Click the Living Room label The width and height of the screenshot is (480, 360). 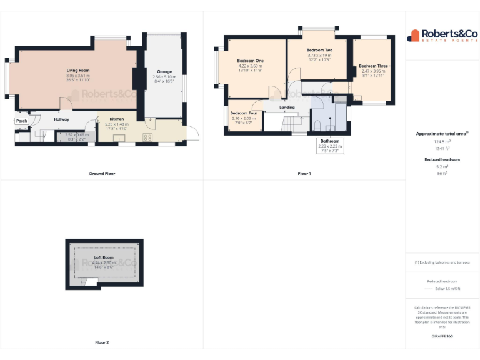(x=79, y=71)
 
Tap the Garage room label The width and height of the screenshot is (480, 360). (x=164, y=71)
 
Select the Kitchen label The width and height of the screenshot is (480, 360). (x=117, y=119)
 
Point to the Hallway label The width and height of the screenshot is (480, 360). (x=61, y=119)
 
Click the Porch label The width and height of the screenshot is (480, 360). (x=22, y=121)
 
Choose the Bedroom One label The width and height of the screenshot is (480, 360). (x=250, y=61)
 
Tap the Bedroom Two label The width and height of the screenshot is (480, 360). (x=319, y=50)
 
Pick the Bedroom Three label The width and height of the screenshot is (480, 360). (x=374, y=66)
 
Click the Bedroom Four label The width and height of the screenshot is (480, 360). (x=244, y=113)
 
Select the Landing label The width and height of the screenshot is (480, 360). (x=287, y=107)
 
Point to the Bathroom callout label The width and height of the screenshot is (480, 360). (x=330, y=141)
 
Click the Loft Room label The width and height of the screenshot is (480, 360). (x=104, y=257)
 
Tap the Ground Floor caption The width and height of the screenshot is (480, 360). (x=102, y=173)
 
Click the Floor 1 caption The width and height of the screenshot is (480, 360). (x=304, y=173)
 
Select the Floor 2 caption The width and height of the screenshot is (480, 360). (x=102, y=342)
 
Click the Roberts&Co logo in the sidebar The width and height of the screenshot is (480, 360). (x=442, y=36)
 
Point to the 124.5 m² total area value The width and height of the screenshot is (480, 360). (x=442, y=142)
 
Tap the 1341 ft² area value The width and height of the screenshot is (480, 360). (x=442, y=149)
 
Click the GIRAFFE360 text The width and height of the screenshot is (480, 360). (x=442, y=336)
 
